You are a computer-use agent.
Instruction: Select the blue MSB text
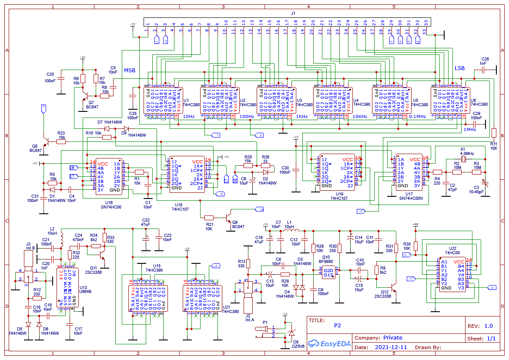click(130, 70)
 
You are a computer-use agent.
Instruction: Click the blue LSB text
click(459, 69)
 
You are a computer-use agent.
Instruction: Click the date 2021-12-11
click(391, 347)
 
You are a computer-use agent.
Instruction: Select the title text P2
click(338, 325)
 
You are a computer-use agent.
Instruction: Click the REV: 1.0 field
click(480, 326)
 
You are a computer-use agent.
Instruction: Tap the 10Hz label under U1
click(188, 117)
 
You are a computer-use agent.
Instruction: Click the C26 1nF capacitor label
click(485, 61)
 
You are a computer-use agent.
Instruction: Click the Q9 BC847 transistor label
click(238, 224)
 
